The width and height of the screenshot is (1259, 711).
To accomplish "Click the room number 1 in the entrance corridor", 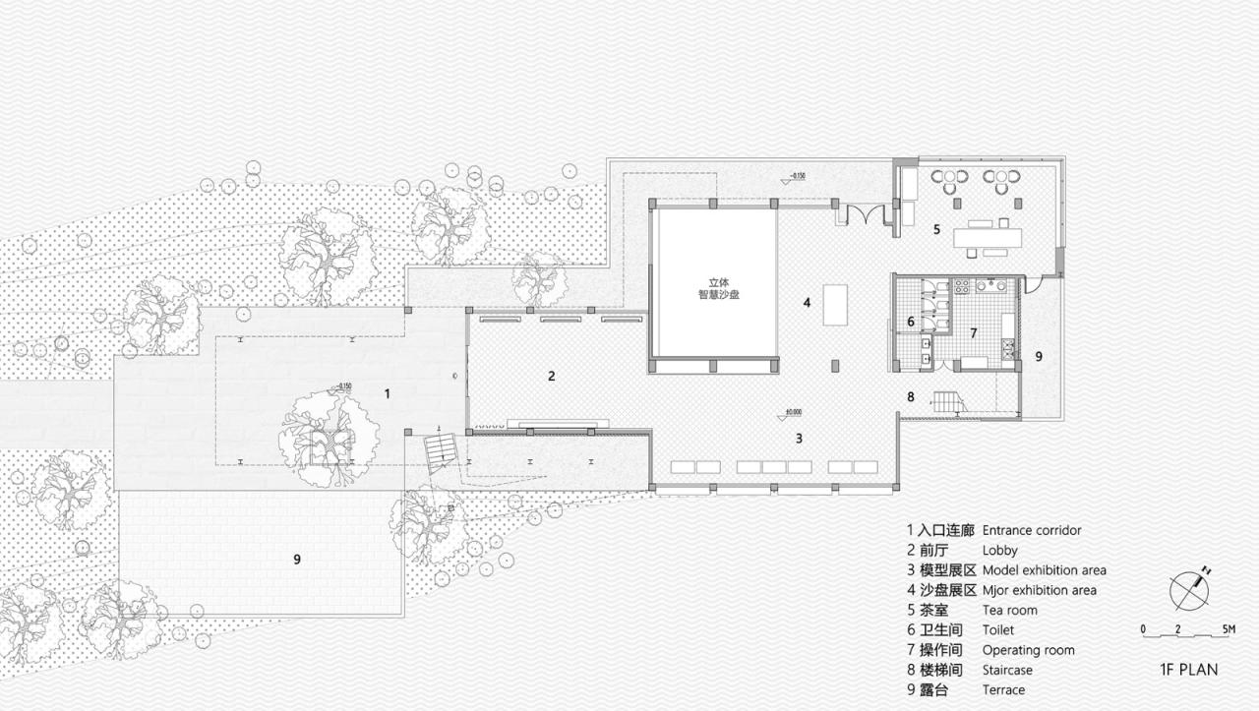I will (388, 393).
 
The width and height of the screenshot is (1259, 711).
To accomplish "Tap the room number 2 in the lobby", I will (552, 376).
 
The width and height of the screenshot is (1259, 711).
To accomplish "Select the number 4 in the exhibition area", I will (807, 303).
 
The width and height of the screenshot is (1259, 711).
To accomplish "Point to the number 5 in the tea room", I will (936, 229).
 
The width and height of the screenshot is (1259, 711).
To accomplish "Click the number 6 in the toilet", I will (910, 321).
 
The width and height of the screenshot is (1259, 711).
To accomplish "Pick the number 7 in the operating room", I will (974, 333).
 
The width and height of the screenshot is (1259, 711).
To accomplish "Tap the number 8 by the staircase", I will (911, 397).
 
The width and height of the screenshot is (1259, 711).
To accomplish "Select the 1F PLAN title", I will (1188, 670).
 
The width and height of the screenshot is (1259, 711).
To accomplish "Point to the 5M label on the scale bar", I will (1229, 628).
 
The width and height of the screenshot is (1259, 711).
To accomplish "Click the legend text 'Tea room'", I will (1009, 610).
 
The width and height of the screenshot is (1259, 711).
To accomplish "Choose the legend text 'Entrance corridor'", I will (1032, 530).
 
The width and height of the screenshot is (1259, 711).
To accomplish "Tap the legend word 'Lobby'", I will (999, 551).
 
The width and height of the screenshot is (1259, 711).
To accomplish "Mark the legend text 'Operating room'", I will (1028, 650).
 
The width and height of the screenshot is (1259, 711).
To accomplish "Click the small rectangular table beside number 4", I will (835, 304).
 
